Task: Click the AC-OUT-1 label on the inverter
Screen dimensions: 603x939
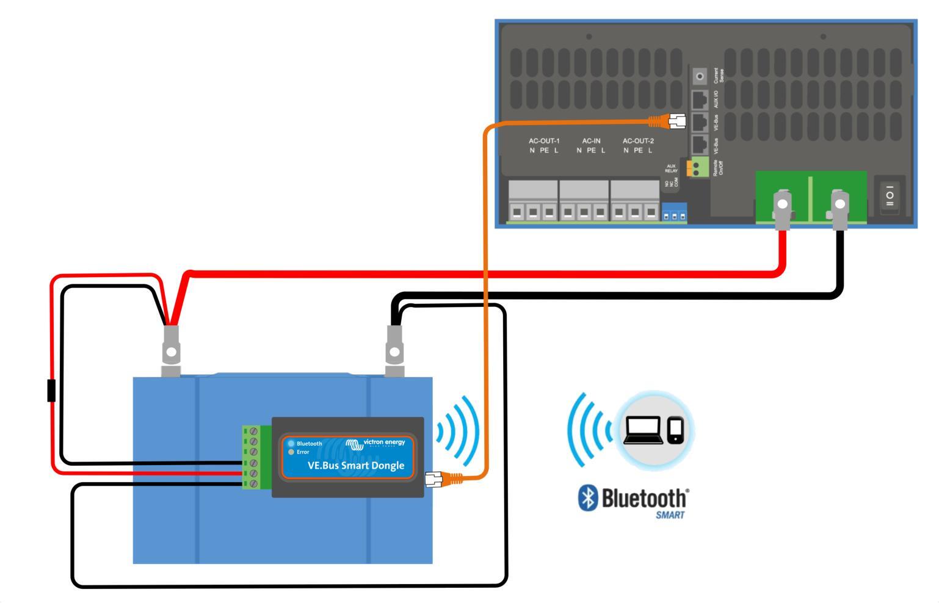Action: pyautogui.click(x=544, y=141)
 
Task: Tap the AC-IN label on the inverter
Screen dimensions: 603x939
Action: pyautogui.click(x=591, y=141)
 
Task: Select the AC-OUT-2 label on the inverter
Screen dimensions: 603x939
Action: pyautogui.click(x=638, y=141)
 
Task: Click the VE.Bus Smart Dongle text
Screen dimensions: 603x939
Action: pyautogui.click(x=356, y=466)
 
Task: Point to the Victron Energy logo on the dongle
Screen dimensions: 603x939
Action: pyautogui.click(x=375, y=444)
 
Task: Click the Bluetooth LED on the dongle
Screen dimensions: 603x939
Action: pyautogui.click(x=291, y=444)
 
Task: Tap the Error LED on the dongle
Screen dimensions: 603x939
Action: pyautogui.click(x=291, y=452)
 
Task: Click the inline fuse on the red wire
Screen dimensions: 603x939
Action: pyautogui.click(x=51, y=391)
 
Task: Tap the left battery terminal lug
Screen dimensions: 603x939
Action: pyautogui.click(x=171, y=351)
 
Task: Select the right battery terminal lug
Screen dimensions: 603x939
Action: pyautogui.click(x=395, y=351)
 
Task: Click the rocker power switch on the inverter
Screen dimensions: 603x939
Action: pyautogui.click(x=890, y=195)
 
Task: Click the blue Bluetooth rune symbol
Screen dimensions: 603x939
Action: pyautogui.click(x=587, y=499)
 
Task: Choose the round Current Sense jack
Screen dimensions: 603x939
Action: pyautogui.click(x=700, y=77)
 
